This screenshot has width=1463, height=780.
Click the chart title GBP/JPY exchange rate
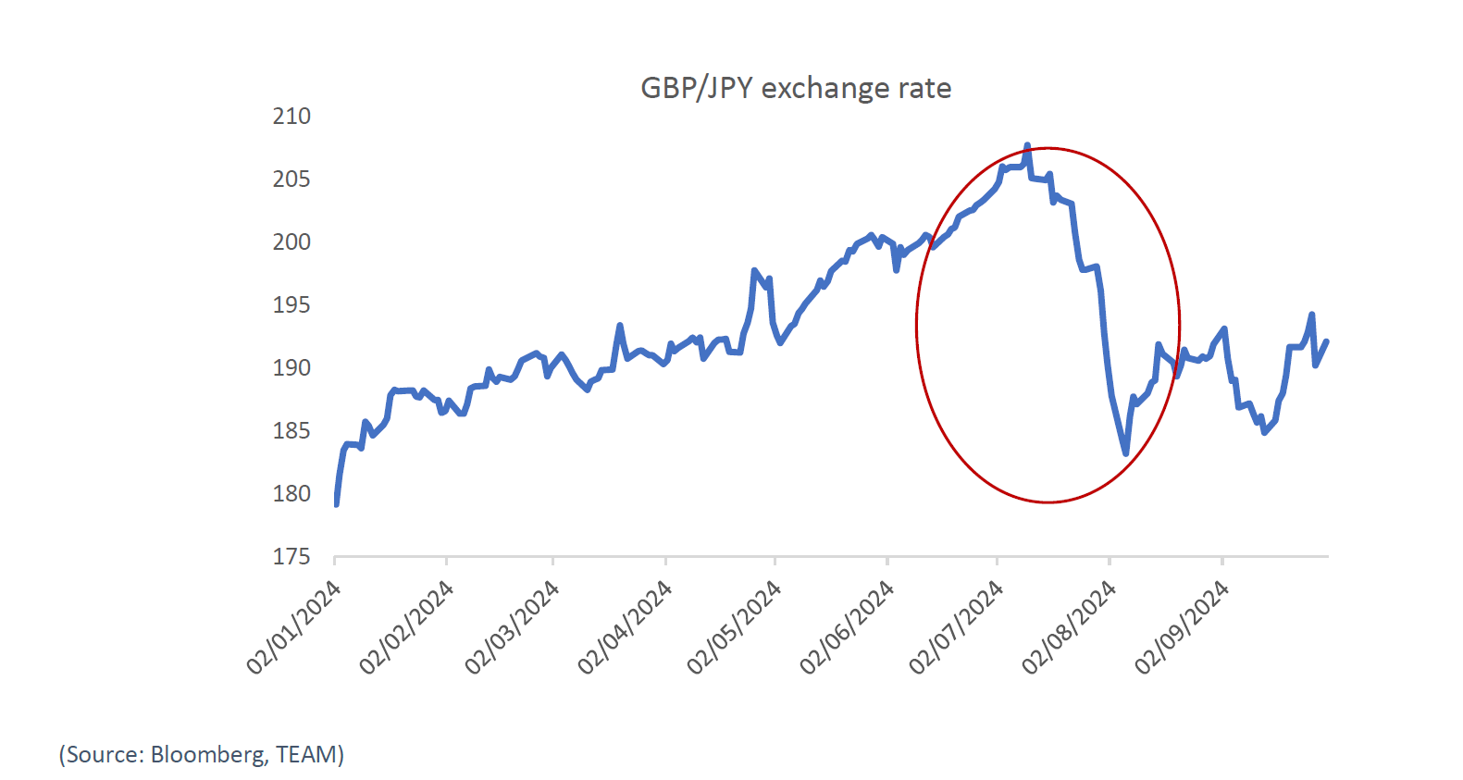tap(796, 88)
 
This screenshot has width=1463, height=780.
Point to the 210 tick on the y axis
tap(291, 117)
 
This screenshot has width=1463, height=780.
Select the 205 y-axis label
tap(291, 180)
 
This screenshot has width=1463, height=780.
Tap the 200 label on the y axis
tap(291, 242)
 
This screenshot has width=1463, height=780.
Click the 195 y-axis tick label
tap(291, 305)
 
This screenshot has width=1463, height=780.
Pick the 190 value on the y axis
tap(291, 368)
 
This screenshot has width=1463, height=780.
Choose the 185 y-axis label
tap(291, 431)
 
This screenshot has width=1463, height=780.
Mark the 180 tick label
tap(291, 494)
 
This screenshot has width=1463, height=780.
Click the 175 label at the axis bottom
tap(291, 557)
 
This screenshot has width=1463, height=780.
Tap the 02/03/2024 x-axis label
tap(512, 627)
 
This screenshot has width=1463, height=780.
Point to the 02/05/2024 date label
tap(734, 627)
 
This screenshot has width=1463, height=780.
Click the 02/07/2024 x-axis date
tap(956, 627)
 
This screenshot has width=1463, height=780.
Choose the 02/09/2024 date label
tap(1182, 627)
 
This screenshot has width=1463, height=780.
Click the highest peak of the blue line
tap(1027, 146)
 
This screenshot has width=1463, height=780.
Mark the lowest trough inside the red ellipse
tap(1126, 453)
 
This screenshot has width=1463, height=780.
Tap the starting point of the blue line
tap(336, 504)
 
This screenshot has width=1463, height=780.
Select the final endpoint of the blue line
tap(1327, 341)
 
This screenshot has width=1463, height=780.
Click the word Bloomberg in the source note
tap(207, 755)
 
